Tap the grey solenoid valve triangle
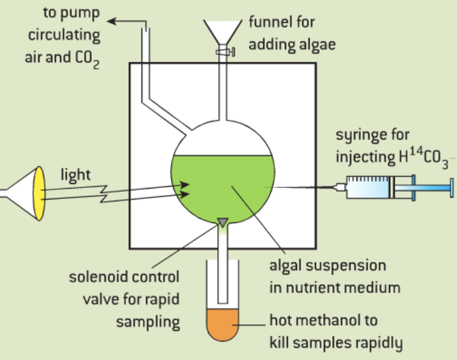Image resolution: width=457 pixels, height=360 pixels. point(222,222)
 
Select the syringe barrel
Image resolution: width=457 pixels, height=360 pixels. point(370,187)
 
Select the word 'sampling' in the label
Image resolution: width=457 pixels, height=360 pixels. point(148,320)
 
